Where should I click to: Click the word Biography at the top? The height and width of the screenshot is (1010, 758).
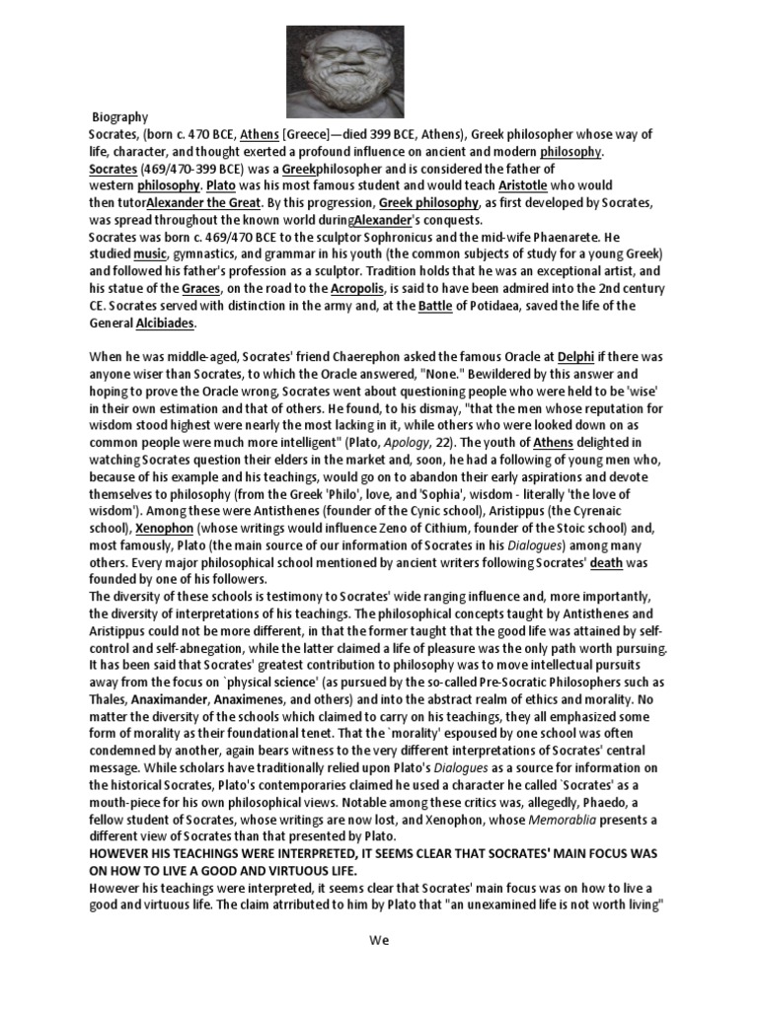[x=119, y=116]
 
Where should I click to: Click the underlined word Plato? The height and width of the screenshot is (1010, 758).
[x=222, y=185]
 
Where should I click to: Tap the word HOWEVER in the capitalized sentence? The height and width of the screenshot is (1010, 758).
[x=123, y=853]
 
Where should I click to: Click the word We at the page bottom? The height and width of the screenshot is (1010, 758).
[x=379, y=940]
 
